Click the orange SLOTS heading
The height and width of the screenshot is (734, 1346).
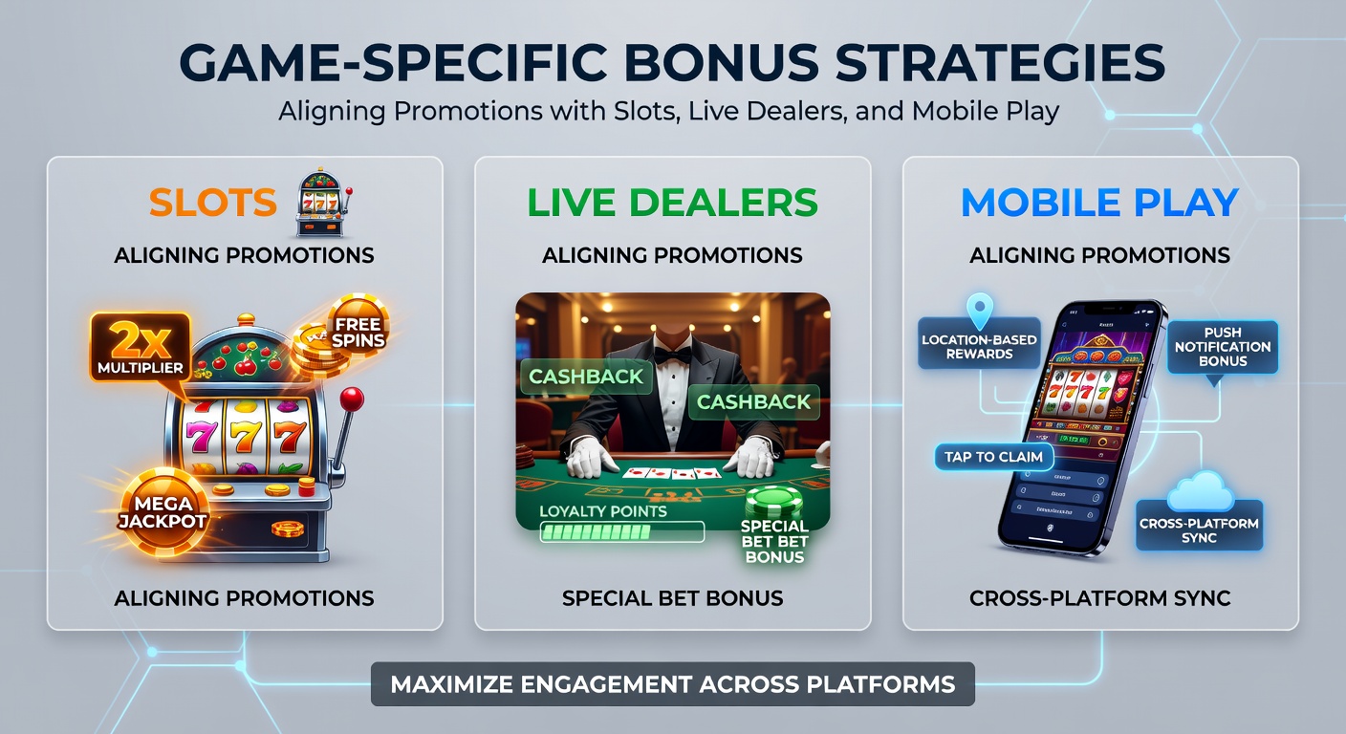click(212, 203)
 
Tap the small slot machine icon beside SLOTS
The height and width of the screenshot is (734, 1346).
click(320, 203)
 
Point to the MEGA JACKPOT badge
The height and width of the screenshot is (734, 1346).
click(163, 511)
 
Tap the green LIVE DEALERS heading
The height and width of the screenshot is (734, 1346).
click(672, 203)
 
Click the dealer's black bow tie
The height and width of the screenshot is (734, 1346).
click(672, 356)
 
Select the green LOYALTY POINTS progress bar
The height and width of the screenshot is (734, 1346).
click(621, 531)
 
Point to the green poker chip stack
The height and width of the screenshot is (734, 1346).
click(774, 504)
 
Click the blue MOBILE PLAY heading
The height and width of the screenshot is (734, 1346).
click(1099, 203)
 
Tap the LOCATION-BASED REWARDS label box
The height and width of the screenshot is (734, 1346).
click(979, 346)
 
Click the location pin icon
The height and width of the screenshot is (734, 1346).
click(980, 311)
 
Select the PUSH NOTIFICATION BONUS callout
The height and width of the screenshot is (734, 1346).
click(1223, 347)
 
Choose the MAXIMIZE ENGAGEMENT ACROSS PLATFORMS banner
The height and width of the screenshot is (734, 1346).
click(672, 684)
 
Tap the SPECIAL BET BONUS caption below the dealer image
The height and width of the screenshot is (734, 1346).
click(672, 598)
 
